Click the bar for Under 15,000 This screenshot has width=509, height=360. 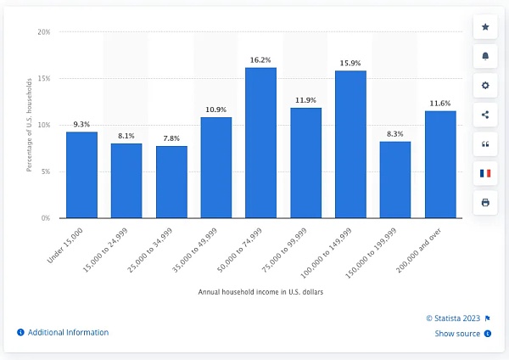pos(81,175)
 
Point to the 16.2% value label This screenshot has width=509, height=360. pos(261,59)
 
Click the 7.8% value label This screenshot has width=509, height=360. pos(171,138)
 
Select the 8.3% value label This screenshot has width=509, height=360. pos(395,133)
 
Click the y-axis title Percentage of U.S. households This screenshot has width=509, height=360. pos(29,125)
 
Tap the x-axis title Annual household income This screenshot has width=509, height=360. pos(260,293)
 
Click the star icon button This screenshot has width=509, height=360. pos(484,27)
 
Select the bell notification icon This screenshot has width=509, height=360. pos(484,56)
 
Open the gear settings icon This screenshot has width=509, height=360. pos(484,86)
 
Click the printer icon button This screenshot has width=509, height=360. pos(484,202)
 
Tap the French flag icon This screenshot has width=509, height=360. pos(484,173)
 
